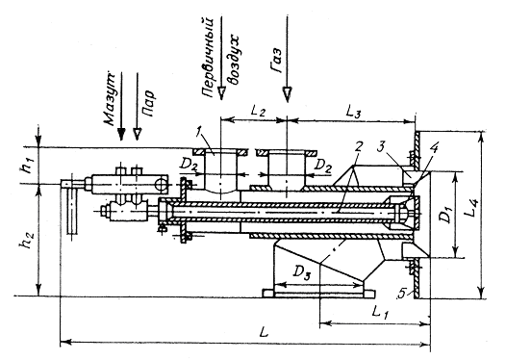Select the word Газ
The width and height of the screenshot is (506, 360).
click(275, 61)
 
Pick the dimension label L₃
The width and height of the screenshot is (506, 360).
click(353, 112)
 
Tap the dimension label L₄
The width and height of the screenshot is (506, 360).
click(473, 208)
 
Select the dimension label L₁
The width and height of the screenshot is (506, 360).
click(380, 312)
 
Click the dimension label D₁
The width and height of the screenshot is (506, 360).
click(447, 216)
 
